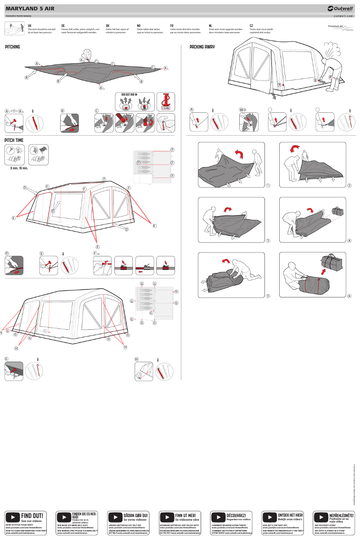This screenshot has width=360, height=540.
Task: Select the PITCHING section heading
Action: (13, 47)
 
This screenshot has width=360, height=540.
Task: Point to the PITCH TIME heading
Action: (14, 140)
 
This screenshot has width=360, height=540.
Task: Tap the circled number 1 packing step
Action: (268, 186)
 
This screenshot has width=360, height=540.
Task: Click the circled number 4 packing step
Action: (349, 241)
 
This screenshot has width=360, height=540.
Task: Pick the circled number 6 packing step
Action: (349, 296)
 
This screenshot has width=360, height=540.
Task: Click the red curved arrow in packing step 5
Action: (227, 261)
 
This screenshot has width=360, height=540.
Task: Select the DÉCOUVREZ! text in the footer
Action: (236, 515)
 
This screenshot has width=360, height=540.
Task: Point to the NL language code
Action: (211, 26)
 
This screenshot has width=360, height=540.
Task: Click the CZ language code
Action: (251, 26)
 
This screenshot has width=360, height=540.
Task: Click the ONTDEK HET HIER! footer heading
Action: (290, 515)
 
